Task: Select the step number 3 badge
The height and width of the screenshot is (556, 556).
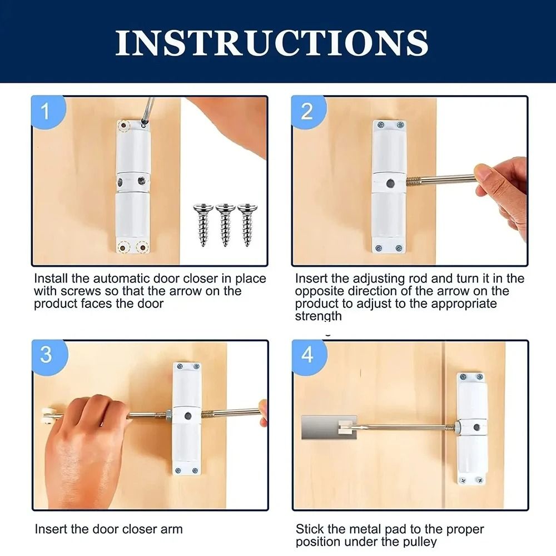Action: (x=46, y=355)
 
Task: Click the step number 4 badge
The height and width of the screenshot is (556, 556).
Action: (x=307, y=355)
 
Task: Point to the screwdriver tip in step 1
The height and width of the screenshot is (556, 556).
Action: (x=144, y=125)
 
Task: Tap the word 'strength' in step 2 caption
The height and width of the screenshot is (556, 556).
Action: (x=319, y=316)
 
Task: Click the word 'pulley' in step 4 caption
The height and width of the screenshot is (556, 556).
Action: (x=418, y=542)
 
